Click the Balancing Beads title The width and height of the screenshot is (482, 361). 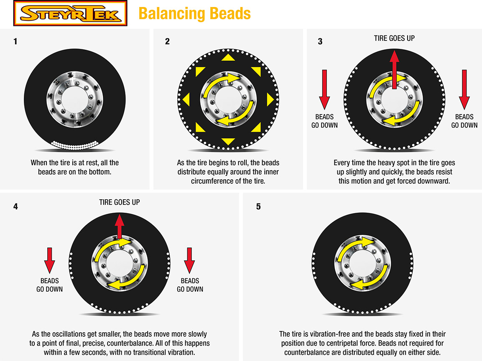194,13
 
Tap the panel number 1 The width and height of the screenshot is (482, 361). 15,42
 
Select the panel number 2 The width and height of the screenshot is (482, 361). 168,42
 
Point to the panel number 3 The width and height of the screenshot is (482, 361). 320,42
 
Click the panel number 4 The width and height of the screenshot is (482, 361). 15,206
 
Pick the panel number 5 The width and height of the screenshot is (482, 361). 258,206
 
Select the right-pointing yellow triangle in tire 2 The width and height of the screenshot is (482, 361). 270,99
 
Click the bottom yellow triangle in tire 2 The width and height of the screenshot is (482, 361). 228,141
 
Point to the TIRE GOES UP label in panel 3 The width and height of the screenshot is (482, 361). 394,38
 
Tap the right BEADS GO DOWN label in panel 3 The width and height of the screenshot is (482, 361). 464,121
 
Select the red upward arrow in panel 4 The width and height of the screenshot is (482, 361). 120,226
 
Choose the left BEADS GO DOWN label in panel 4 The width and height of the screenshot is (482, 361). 49,285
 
